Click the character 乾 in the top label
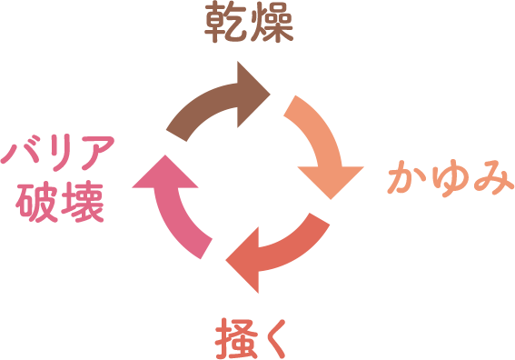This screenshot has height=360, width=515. coord(226,23)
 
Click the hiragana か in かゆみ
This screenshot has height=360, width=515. coord(410,177)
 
